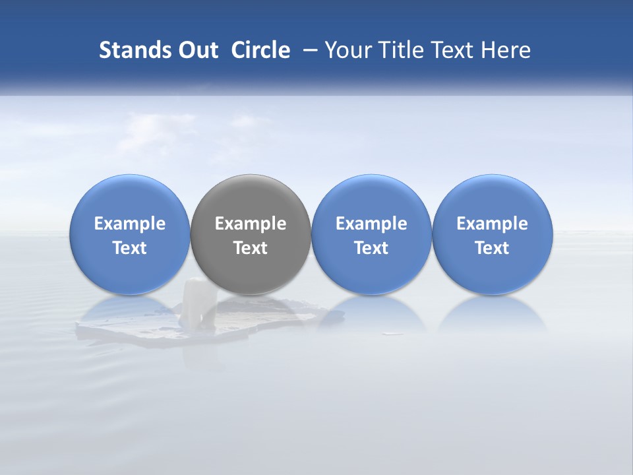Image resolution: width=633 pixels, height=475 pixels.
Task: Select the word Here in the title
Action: coord(507,50)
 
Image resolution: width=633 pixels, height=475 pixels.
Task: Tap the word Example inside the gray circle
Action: coord(251,224)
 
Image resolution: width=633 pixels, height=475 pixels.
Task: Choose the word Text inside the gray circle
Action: coord(251,248)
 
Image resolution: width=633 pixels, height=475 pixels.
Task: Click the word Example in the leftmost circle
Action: coord(130,224)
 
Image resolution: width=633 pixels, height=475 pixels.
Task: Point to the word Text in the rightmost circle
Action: coord(492,248)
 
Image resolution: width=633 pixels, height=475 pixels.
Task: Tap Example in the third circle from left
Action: coord(371,224)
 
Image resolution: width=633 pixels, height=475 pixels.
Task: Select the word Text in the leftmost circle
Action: coord(130,248)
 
